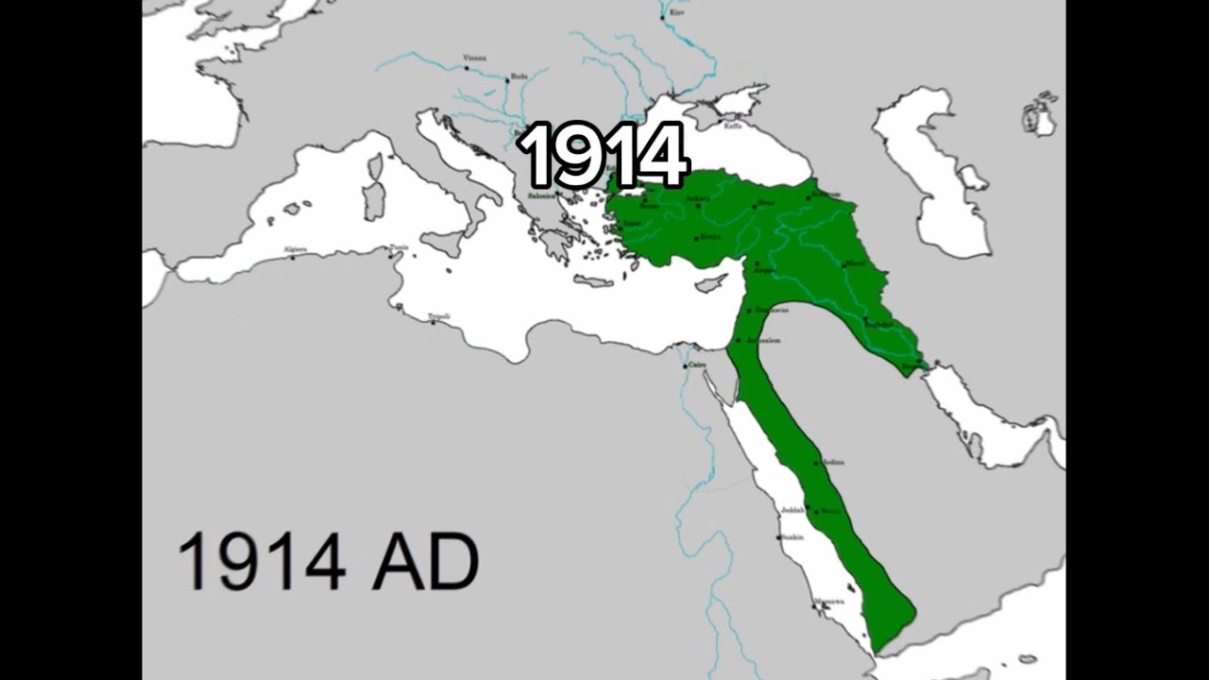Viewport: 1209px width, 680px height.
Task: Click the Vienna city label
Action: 475,58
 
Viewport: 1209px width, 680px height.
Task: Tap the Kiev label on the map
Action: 676,12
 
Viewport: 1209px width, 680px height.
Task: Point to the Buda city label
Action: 519,76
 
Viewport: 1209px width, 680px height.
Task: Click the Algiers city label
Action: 296,249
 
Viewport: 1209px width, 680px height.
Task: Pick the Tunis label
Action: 400,248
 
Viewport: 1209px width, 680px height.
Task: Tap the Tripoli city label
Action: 438,316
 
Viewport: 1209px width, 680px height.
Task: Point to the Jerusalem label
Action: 763,340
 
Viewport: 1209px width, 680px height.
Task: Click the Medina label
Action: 832,462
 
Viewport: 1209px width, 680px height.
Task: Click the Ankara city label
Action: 697,198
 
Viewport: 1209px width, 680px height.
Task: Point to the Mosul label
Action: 854,263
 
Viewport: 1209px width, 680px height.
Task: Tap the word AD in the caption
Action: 425,562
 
